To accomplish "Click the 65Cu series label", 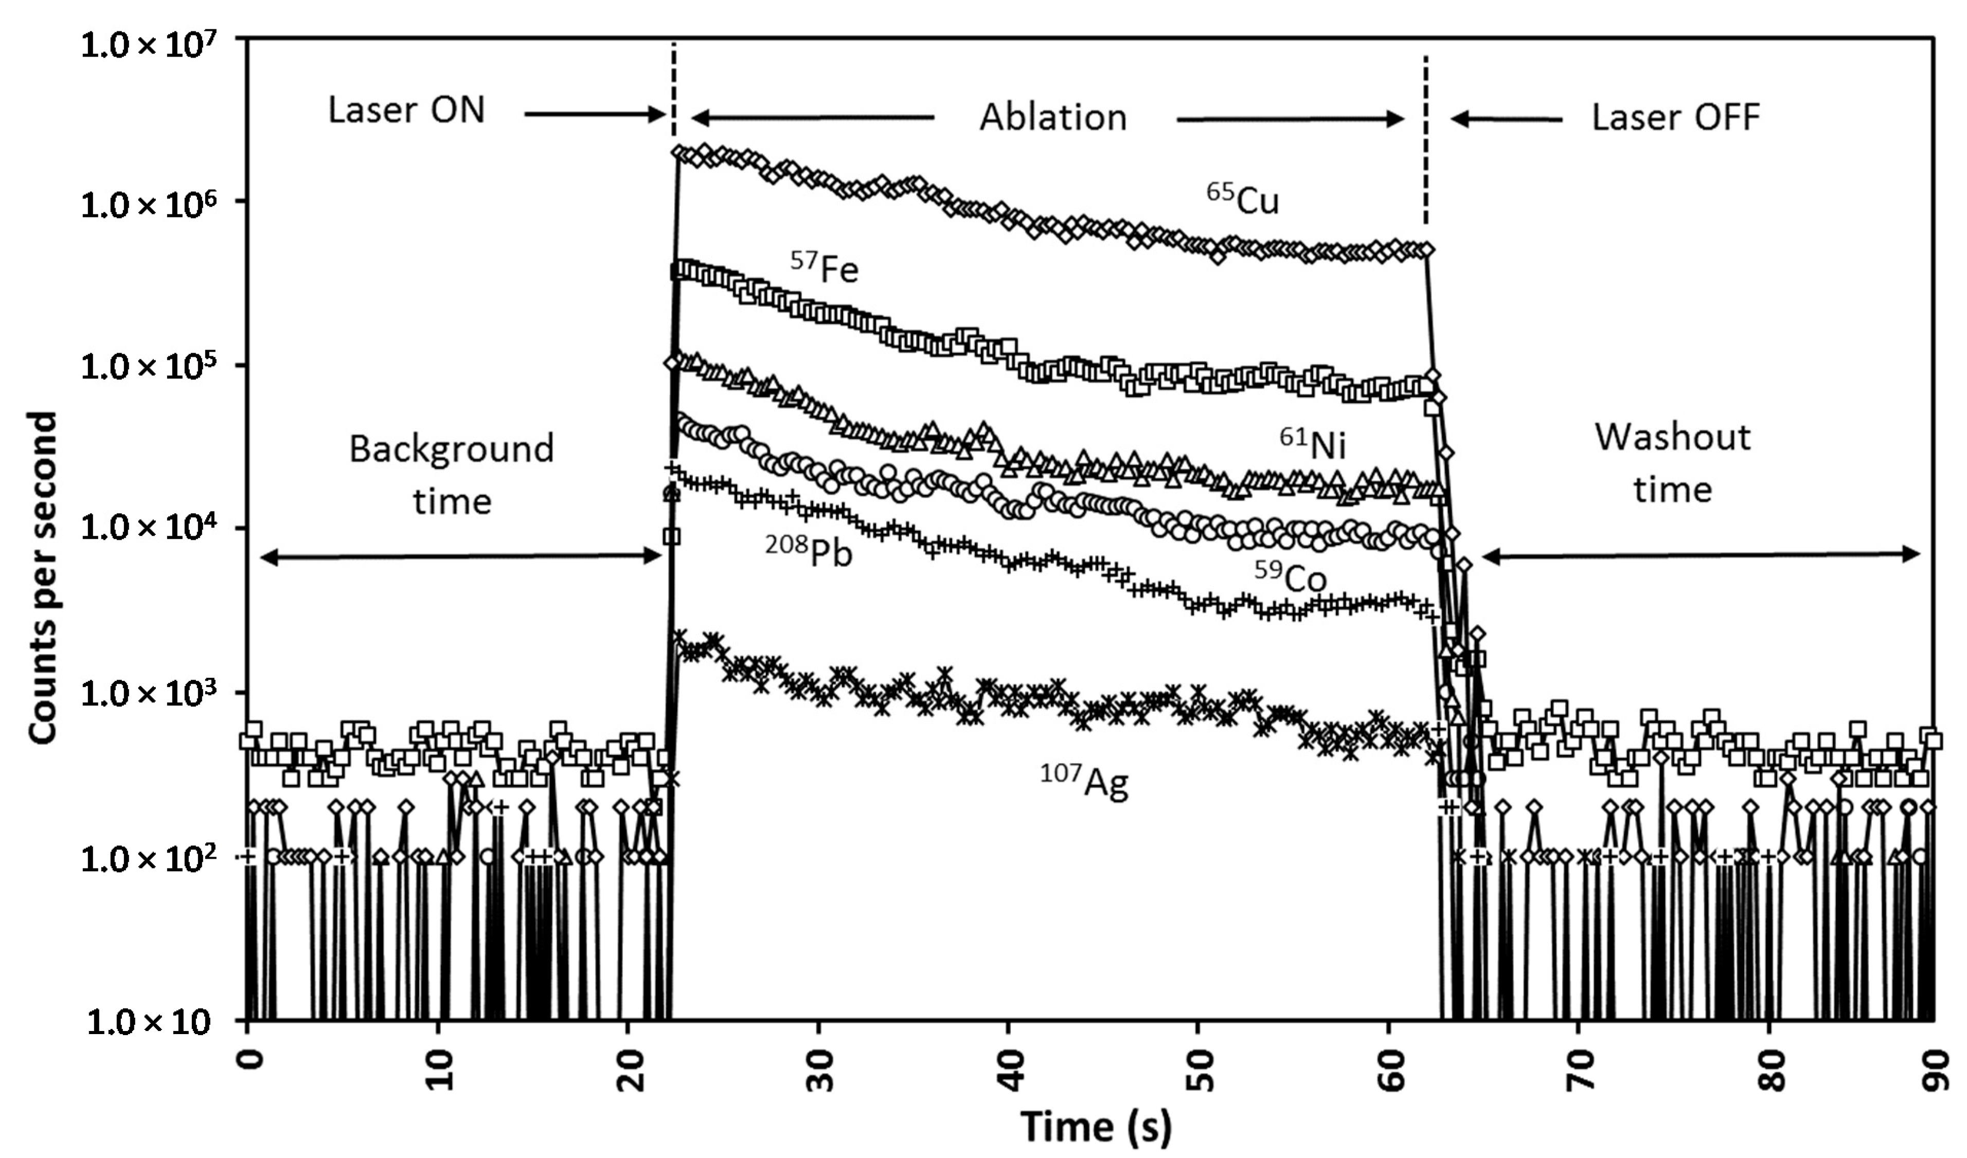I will (1243, 200).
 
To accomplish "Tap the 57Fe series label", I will (824, 268).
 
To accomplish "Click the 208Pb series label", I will (809, 551).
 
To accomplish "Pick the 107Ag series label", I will (1084, 781).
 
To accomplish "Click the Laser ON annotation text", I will (406, 110).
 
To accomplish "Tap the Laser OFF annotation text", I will (1675, 118).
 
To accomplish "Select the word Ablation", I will (1053, 118).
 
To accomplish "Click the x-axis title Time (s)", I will (1096, 1127).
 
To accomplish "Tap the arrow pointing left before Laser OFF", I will (1507, 119).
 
